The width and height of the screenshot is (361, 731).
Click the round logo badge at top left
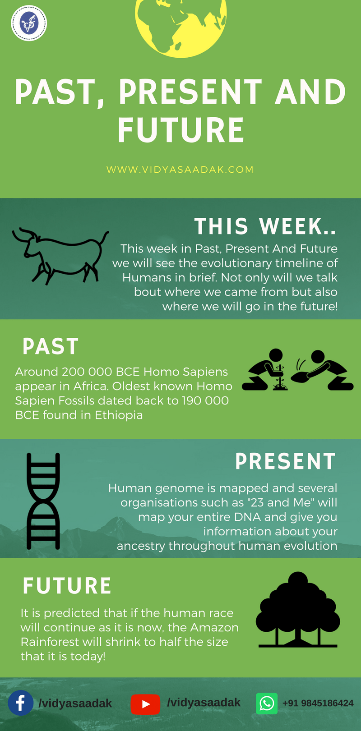tap(29, 23)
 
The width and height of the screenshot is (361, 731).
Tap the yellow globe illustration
tap(180, 26)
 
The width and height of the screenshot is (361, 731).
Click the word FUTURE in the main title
tap(180, 130)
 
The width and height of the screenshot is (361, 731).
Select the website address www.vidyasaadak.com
tap(180, 170)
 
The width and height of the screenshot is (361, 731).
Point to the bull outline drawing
tap(60, 256)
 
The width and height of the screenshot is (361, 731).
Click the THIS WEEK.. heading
tap(265, 226)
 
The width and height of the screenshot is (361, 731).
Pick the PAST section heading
tap(51, 346)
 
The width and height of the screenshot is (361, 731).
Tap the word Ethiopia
tap(119, 415)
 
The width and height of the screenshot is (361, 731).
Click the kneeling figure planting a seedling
tap(265, 370)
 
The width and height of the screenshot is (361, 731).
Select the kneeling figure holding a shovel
tap(323, 370)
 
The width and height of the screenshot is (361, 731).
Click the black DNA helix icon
tap(43, 501)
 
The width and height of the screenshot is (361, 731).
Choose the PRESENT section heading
tap(286, 461)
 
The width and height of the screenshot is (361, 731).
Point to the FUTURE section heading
tap(67, 586)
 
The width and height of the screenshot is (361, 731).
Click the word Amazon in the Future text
tap(215, 627)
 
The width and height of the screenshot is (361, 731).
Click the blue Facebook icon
tap(21, 703)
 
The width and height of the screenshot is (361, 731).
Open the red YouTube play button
tap(145, 704)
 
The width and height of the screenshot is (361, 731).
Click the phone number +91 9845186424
tap(318, 703)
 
